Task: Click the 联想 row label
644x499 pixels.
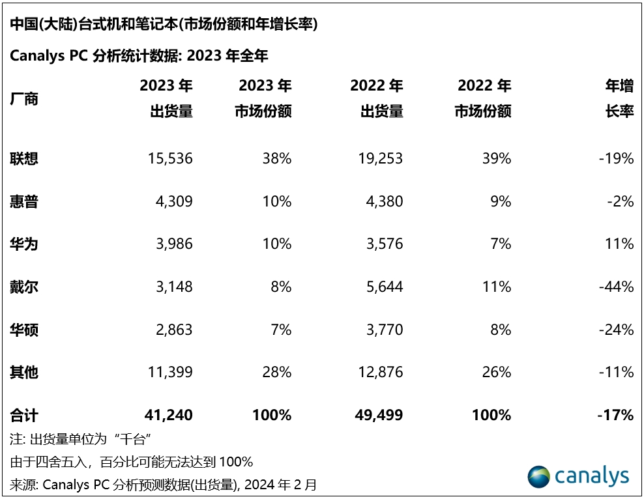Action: [x=24, y=158]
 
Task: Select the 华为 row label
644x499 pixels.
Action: [x=24, y=244]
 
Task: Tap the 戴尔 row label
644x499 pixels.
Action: [x=24, y=287]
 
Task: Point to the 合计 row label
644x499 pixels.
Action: [x=24, y=415]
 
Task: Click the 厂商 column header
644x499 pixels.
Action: [x=24, y=99]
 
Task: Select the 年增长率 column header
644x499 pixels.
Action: [x=619, y=98]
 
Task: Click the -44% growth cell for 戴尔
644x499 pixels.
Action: [x=616, y=287]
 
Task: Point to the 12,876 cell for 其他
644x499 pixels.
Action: [x=377, y=373]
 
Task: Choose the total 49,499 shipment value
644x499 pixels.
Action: [x=377, y=415]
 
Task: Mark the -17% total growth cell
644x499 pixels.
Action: [x=615, y=415]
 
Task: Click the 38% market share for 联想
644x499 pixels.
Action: [x=277, y=158]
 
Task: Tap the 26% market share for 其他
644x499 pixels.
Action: [x=497, y=373]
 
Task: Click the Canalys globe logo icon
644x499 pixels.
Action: [x=539, y=477]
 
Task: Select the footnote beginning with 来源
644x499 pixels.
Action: [x=164, y=485]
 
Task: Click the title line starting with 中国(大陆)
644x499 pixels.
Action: [x=164, y=25]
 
